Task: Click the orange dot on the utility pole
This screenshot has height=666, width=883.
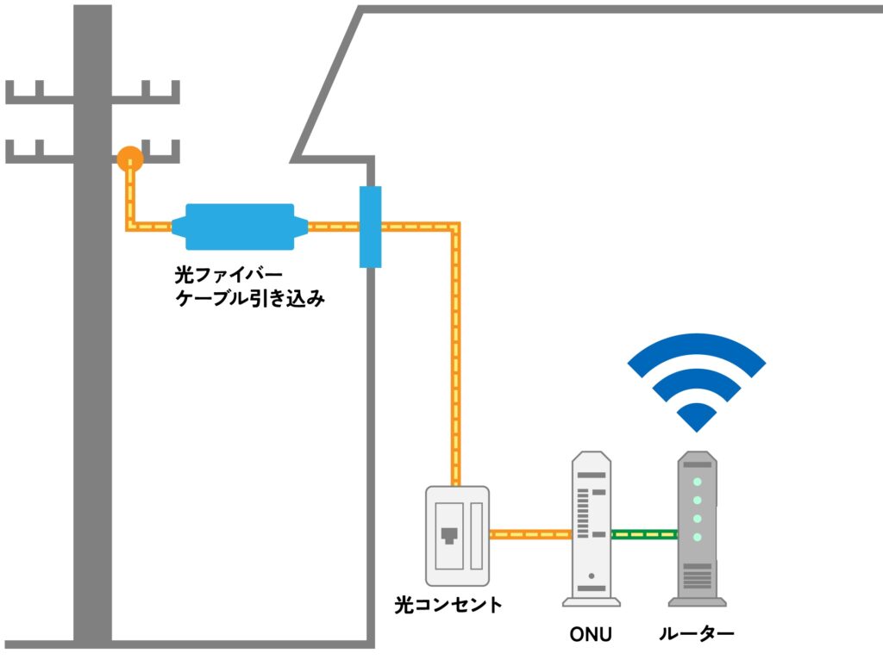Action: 130,159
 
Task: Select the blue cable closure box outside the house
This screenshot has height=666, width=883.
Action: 240,227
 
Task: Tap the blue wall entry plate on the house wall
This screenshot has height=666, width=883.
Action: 370,227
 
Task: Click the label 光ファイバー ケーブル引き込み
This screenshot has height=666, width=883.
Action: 249,288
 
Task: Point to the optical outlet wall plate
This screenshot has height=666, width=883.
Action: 456,536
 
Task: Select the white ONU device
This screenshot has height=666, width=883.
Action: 592,530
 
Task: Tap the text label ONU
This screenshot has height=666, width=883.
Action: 591,637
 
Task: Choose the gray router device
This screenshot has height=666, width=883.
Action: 697,530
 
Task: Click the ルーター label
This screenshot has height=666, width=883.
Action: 696,636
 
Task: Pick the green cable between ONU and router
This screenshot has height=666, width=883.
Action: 644,534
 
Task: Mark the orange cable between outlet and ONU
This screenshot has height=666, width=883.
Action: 530,534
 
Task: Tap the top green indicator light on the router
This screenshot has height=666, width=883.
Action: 697,482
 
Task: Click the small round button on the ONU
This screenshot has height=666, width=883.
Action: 591,576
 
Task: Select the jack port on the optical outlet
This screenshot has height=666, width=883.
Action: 448,536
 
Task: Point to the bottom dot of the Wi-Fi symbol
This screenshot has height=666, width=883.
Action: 696,419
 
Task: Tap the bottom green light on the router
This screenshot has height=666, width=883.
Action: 697,538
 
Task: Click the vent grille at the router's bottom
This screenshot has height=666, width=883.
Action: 697,575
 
